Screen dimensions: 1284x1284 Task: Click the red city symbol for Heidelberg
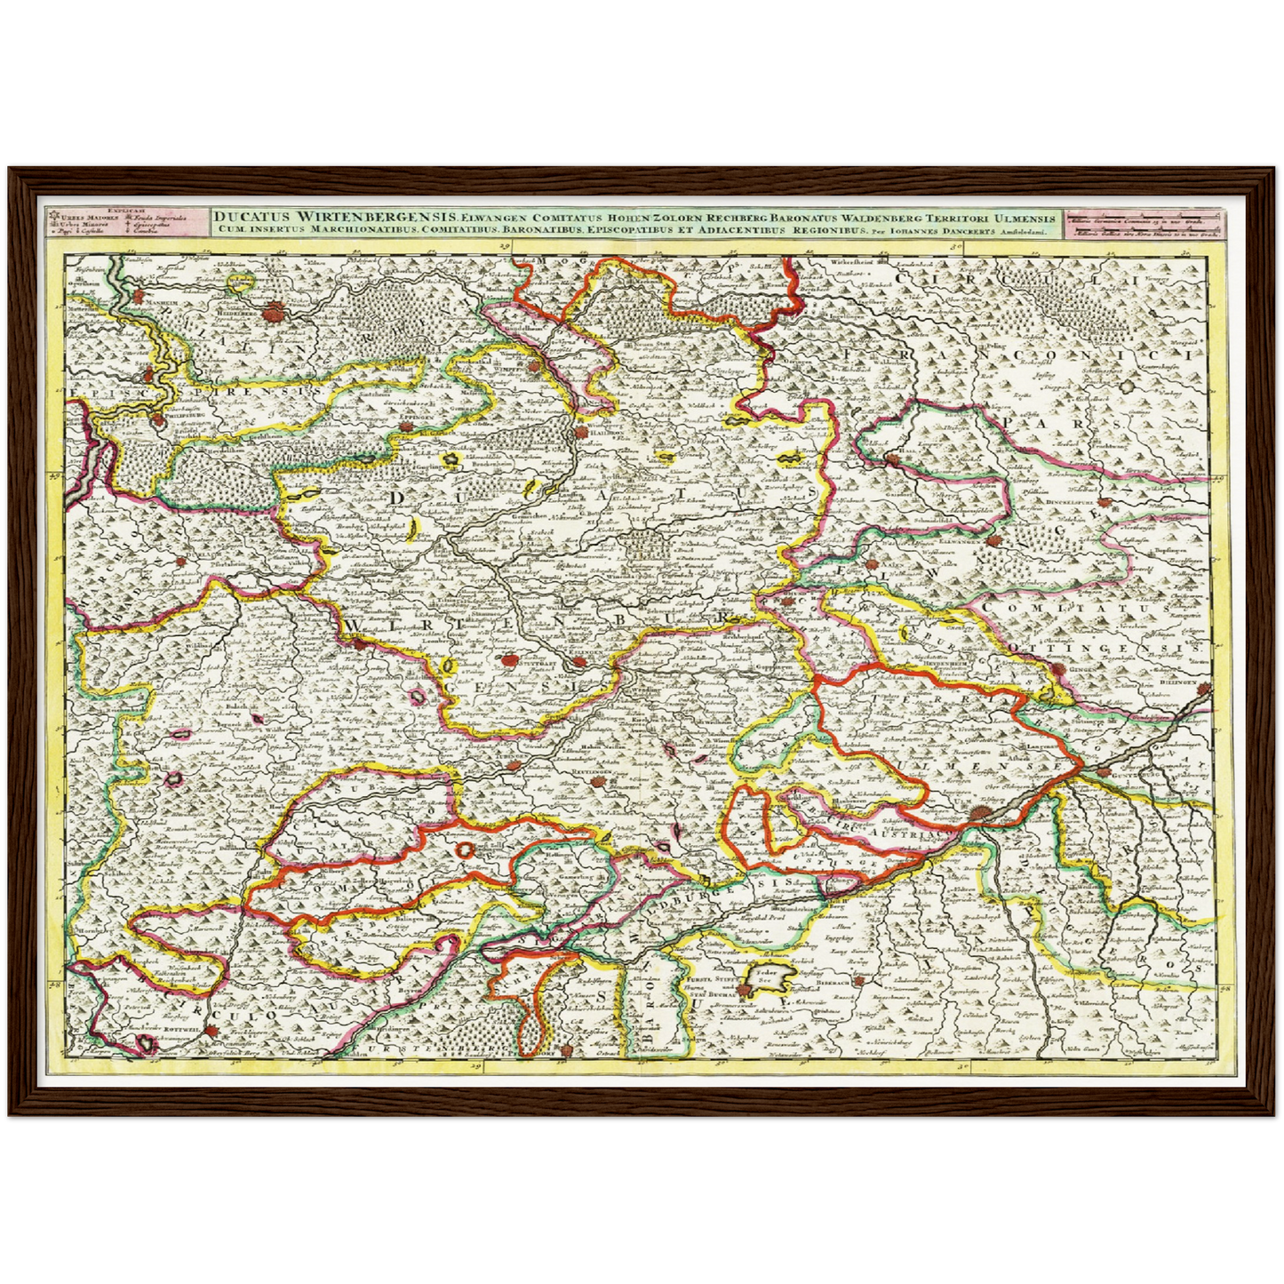276,310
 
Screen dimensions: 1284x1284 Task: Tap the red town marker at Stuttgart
508,660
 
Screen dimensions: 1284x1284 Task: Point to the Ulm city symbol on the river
979,812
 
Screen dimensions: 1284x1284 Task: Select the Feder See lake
767,978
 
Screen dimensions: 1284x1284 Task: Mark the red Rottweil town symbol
213,1031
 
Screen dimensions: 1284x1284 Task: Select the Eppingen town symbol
405,428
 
